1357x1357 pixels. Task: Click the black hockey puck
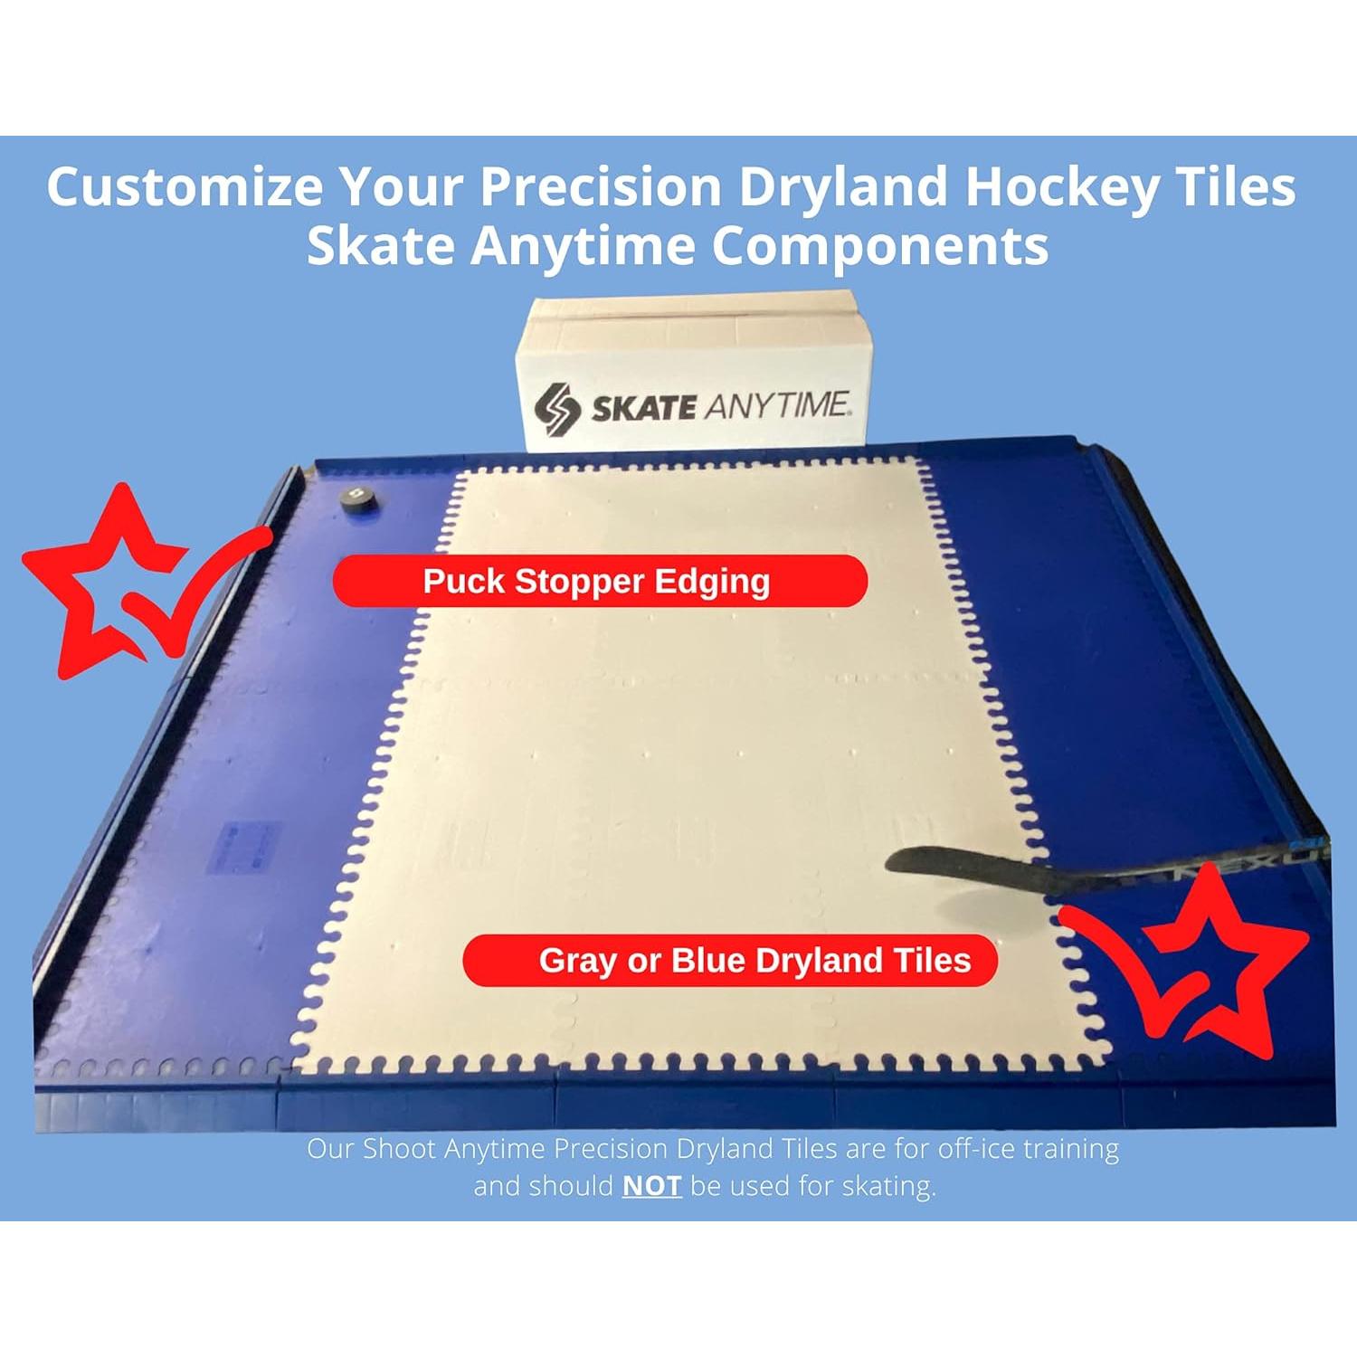[x=359, y=499]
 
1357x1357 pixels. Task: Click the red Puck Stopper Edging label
[x=600, y=581]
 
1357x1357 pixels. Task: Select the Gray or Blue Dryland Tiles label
[x=730, y=960]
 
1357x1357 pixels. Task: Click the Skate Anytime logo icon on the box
[x=556, y=409]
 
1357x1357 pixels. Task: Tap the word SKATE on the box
[x=643, y=407]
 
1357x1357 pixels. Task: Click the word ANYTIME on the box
[x=776, y=404]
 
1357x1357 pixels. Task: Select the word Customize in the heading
[x=185, y=186]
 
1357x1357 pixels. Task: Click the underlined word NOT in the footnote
[x=651, y=1185]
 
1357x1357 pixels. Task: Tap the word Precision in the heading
[x=601, y=186]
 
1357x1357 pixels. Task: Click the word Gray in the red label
[x=578, y=960]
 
